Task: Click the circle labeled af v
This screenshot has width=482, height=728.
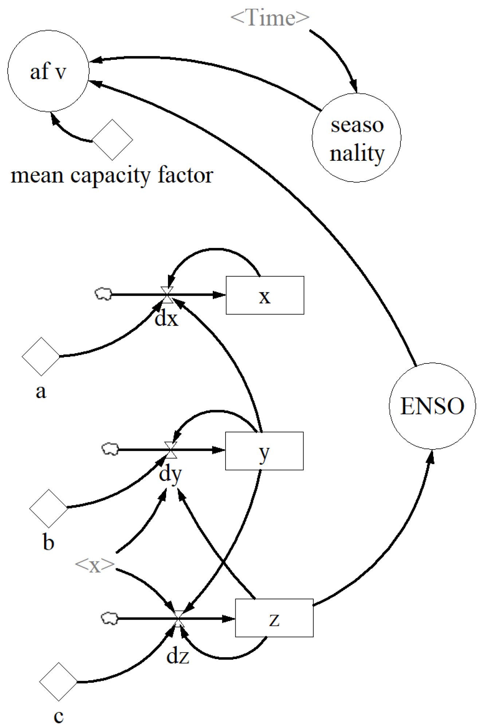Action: [48, 71]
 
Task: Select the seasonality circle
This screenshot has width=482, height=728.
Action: [356, 138]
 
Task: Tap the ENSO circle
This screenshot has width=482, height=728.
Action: [432, 406]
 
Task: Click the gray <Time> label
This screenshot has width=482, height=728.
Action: [270, 17]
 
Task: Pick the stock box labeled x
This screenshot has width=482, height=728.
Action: [265, 295]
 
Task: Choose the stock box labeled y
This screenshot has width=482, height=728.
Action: [264, 451]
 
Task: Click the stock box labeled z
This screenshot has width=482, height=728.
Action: [274, 618]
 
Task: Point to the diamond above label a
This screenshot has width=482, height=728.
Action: [41, 356]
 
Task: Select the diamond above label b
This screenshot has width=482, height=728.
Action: [48, 508]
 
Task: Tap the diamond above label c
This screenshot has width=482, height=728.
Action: [58, 682]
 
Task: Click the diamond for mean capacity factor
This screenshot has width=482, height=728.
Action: [112, 140]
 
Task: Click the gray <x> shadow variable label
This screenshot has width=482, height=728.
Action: [95, 565]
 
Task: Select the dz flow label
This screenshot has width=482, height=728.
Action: [177, 656]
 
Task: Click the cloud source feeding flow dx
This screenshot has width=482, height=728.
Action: [103, 294]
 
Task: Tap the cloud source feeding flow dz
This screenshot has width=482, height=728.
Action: [110, 618]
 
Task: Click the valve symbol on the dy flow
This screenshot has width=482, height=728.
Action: [171, 450]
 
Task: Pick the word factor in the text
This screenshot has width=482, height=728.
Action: [185, 175]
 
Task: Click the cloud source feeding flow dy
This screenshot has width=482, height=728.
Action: [110, 449]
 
